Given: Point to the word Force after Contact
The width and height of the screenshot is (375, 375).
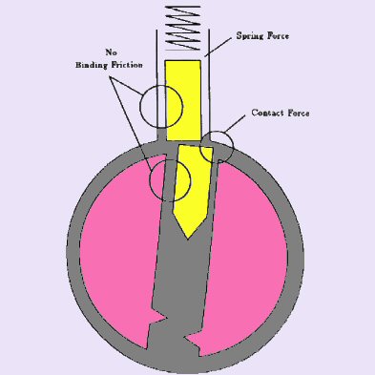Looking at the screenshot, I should pyautogui.click(x=301, y=113).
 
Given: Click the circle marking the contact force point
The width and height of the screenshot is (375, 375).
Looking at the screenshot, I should pyautogui.click(x=219, y=144).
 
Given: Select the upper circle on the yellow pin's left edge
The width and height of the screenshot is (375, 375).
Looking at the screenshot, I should pyautogui.click(x=157, y=104).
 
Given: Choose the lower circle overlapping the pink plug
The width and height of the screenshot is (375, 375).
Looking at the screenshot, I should pyautogui.click(x=170, y=177).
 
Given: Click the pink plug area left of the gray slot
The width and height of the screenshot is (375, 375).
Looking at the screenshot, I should pyautogui.click(x=114, y=248).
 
